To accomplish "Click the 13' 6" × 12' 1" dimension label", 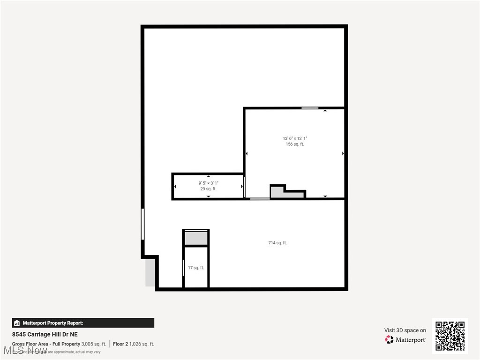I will [294, 138].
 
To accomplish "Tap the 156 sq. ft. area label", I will [294, 144].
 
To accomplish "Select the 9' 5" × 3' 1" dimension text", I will [209, 183].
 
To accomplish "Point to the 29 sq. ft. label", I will [209, 189].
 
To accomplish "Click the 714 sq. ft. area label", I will [277, 243].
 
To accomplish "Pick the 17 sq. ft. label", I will [196, 268].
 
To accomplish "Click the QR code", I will [450, 336].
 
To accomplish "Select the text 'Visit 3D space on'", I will [405, 330].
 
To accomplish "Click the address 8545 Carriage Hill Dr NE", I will [45, 334].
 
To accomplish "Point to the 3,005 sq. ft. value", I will [94, 344].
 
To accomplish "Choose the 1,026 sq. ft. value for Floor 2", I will [142, 344].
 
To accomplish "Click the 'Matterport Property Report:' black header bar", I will [83, 323].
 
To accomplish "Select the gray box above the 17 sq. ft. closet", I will [196, 238].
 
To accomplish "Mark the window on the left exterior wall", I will [142, 225].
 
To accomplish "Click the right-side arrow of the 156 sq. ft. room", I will [343, 153].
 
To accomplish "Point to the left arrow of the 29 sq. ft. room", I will [175, 187].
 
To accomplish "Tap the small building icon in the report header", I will [17, 323].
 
